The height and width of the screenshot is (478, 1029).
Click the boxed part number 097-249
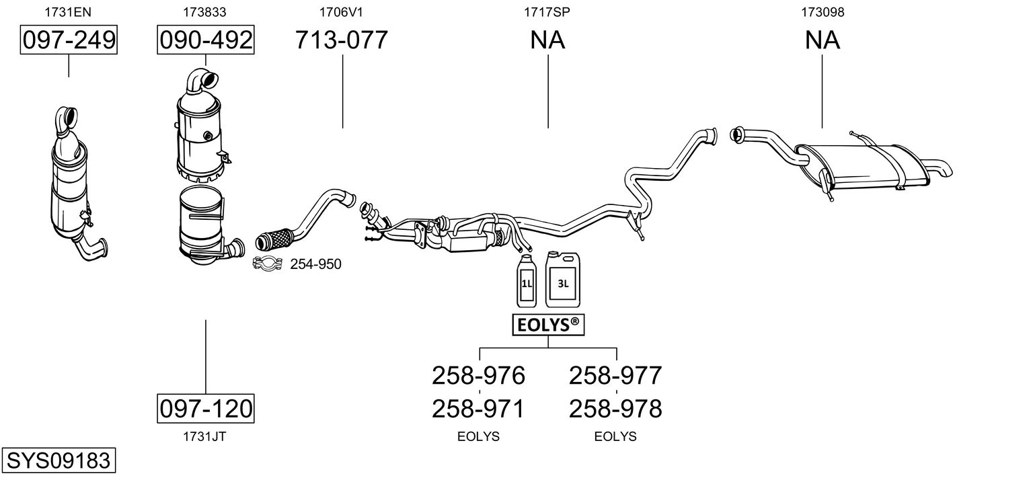coord(69,40)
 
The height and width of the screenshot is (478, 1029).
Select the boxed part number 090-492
coord(206,40)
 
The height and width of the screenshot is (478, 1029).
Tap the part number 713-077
coord(342,40)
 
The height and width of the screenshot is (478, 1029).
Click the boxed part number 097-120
coord(206,408)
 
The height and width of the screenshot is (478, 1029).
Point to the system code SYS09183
coord(58,461)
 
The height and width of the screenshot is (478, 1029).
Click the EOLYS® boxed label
coord(548,325)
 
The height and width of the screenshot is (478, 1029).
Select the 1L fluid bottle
coord(526,282)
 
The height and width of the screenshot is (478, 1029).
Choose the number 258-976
coord(478,375)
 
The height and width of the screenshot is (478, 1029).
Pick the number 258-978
coord(615,408)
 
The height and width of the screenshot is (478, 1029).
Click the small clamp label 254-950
coord(315,264)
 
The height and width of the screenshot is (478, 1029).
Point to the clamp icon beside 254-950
coord(267,264)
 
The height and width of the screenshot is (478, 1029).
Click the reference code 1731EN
coord(69,11)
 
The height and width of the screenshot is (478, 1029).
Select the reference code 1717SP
coord(547,11)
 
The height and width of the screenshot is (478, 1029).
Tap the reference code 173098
coord(822,11)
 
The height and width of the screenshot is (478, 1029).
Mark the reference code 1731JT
coord(205,436)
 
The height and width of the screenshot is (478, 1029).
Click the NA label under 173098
coord(822,40)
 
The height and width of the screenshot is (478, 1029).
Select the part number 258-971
coord(478,408)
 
